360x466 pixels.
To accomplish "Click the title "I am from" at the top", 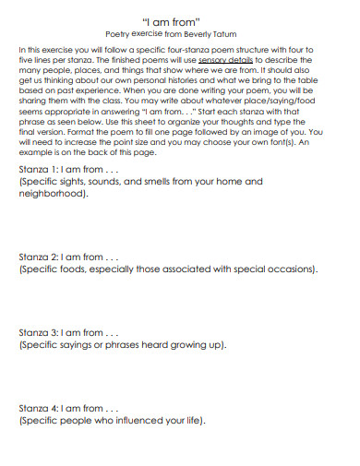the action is pyautogui.click(x=179, y=18).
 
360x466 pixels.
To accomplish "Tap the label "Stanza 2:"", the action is pyautogui.click(x=38, y=256).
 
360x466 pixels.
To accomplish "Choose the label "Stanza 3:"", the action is pyautogui.click(x=38, y=331).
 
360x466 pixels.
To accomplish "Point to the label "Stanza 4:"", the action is pyautogui.click(x=38, y=407).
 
